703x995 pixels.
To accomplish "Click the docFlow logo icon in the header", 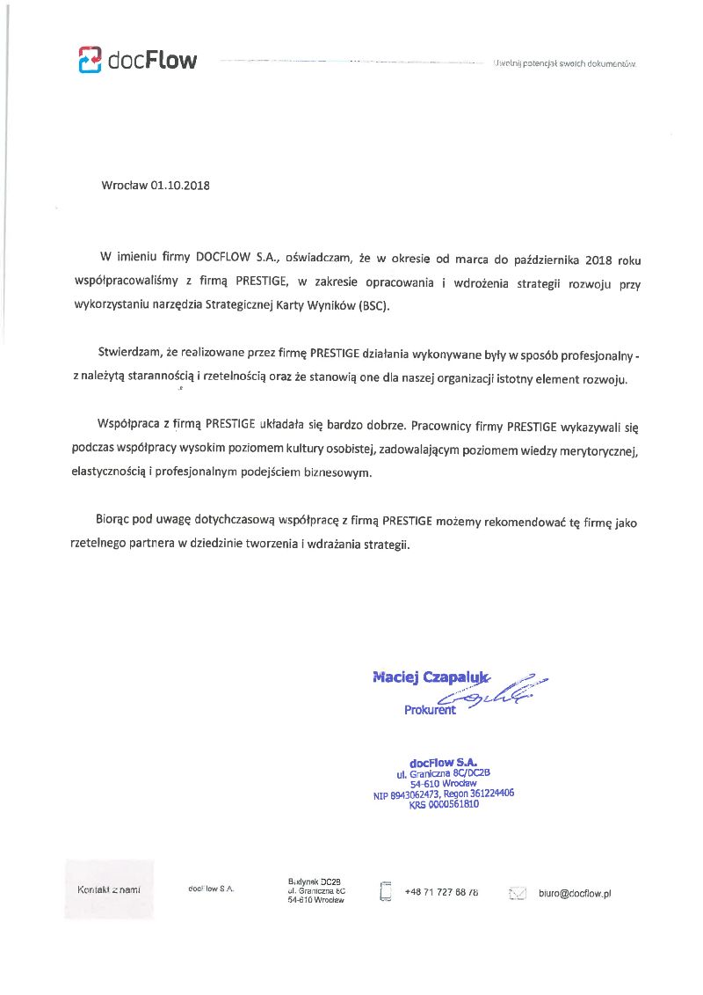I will pos(90,60).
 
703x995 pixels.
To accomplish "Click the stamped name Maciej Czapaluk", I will pos(430,677).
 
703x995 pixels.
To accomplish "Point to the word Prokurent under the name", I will pos(430,710).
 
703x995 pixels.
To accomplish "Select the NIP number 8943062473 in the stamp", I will pos(415,794).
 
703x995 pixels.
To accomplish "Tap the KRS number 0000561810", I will pos(453,804).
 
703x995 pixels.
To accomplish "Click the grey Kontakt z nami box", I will pos(109,889).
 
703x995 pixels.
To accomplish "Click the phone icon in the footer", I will pos(385,890).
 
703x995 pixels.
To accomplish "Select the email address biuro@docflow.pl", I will pos(575,893).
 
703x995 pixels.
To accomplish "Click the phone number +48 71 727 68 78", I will pos(441,892).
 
